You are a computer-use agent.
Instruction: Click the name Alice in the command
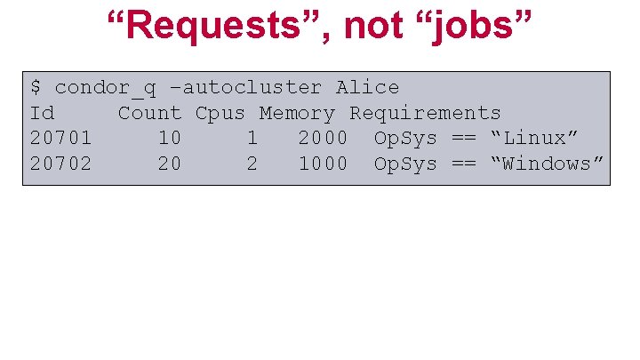(x=367, y=87)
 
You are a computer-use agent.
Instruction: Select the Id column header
(x=42, y=113)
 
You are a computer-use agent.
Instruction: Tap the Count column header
(x=149, y=113)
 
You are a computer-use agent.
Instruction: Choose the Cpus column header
(x=220, y=113)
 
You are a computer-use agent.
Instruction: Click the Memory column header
(x=297, y=113)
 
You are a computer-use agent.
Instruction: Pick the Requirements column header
(x=425, y=113)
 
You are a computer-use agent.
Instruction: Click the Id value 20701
(x=60, y=139)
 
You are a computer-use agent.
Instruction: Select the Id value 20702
(x=60, y=164)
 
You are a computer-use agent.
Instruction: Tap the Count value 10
(x=170, y=139)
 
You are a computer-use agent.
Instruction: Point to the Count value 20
(x=170, y=164)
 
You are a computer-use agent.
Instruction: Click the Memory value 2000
(x=323, y=139)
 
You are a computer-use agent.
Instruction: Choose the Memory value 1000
(x=323, y=164)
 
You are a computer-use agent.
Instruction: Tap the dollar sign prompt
(x=36, y=87)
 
